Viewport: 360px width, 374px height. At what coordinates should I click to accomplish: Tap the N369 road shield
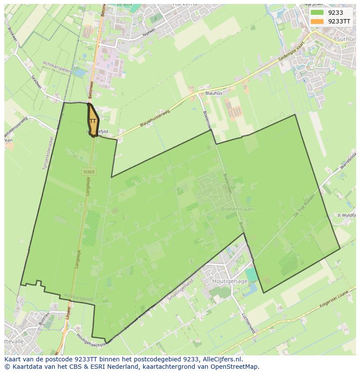(x=89, y=172)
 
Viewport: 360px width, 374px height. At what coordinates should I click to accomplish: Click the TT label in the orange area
(x=93, y=121)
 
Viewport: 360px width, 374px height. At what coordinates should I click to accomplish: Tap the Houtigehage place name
(x=230, y=281)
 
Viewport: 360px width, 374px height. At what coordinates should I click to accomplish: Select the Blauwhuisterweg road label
(x=154, y=119)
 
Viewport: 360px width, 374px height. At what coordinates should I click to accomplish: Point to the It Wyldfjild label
(x=347, y=215)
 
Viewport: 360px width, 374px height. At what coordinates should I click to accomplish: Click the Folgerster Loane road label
(x=329, y=302)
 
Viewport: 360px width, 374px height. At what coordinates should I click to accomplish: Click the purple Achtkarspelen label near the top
(x=57, y=67)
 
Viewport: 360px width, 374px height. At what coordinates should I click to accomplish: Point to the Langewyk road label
(x=79, y=252)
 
